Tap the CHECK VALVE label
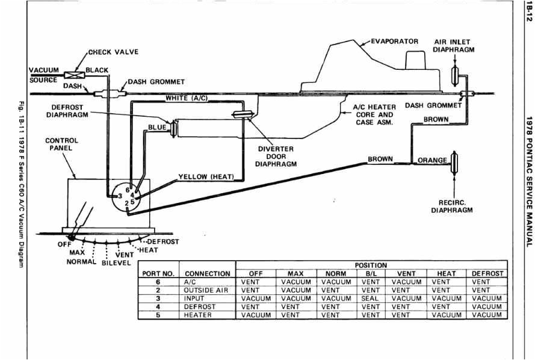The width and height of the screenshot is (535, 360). [x=114, y=52]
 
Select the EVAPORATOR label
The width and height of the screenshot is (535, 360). [x=394, y=42]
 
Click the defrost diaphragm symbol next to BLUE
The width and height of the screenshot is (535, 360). [x=174, y=128]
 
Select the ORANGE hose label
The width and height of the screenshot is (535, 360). [x=432, y=160]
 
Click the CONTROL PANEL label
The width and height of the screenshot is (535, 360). [x=62, y=144]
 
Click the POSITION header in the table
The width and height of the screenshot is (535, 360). [x=371, y=265]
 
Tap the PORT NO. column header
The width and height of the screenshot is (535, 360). [x=157, y=273]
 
